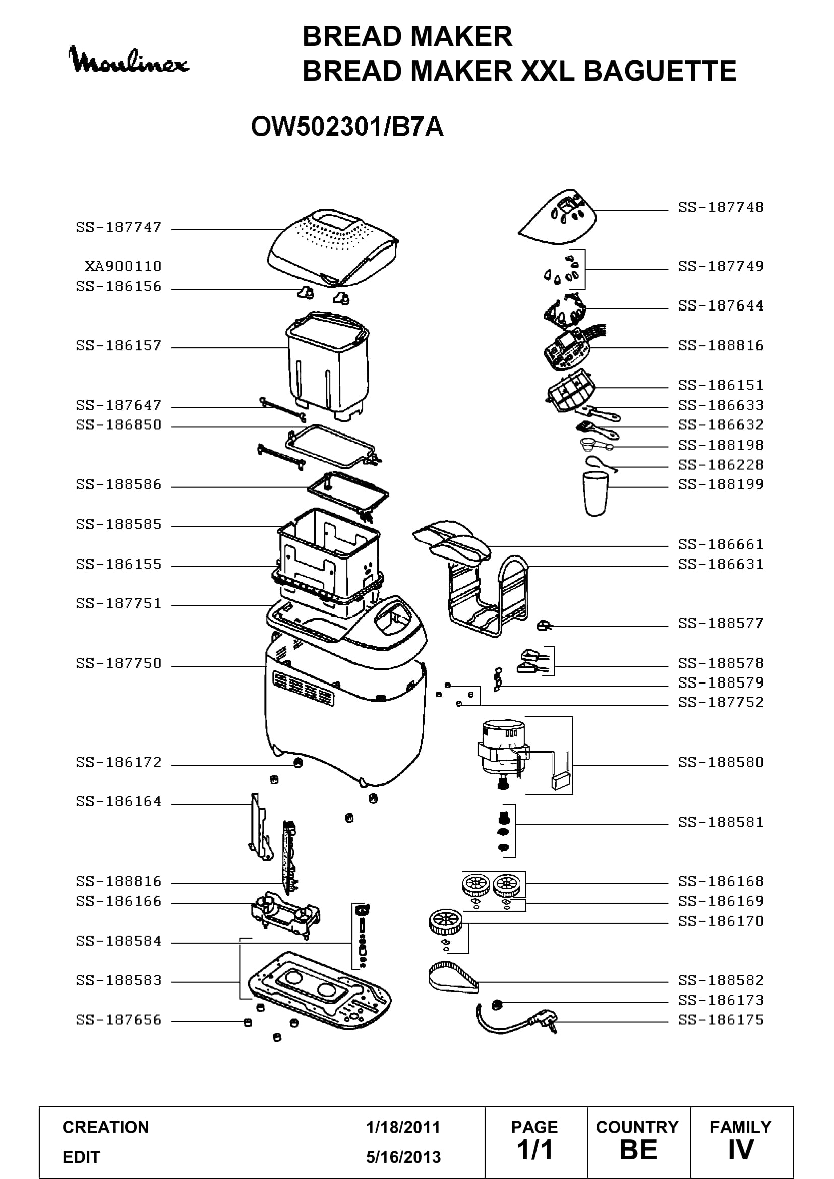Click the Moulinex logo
pyautogui.click(x=129, y=60)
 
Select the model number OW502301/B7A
pyautogui.click(x=347, y=127)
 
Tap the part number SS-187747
pyautogui.click(x=118, y=227)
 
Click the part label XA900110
pyautogui.click(x=123, y=267)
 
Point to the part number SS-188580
pyautogui.click(x=721, y=763)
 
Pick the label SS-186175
pyautogui.click(x=721, y=1020)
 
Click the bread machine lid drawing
pyautogui.click(x=333, y=247)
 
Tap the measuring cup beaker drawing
pyautogui.click(x=595, y=494)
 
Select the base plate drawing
pyautogui.click(x=319, y=986)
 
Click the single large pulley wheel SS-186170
pyautogui.click(x=445, y=922)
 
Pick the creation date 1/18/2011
pyautogui.click(x=403, y=1127)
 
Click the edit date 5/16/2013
pyautogui.click(x=403, y=1157)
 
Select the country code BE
pyautogui.click(x=638, y=1150)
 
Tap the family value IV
pyautogui.click(x=741, y=1150)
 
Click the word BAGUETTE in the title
pyautogui.click(x=660, y=71)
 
